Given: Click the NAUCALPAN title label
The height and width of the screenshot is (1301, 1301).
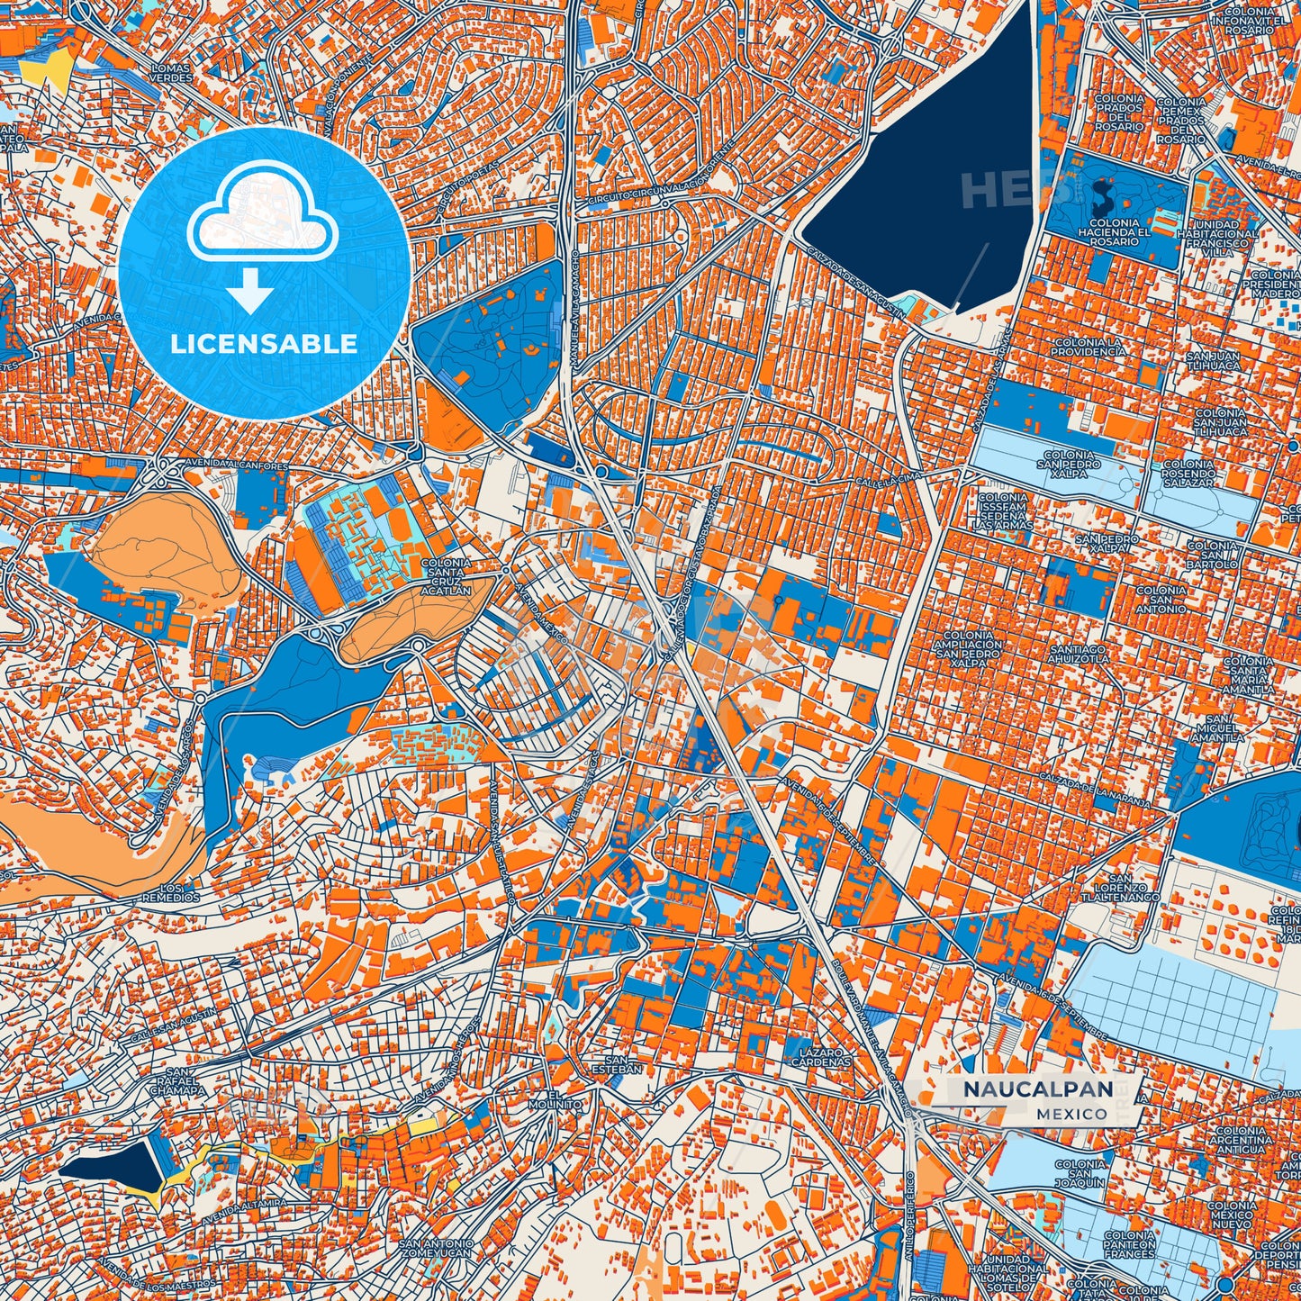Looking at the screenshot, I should pos(1037,1089).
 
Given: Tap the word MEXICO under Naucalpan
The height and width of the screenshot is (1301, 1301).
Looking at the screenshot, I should pos(1071,1114).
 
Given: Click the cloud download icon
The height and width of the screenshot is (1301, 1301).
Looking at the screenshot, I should pos(262,213).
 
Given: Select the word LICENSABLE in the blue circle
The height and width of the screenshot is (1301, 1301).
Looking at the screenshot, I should pos(264,343).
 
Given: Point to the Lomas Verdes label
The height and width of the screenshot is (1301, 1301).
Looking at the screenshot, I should pos(171,73).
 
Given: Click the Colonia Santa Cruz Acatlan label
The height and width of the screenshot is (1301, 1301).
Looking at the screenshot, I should pos(447,576).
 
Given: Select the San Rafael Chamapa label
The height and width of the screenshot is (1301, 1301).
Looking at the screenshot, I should pos(179,1080).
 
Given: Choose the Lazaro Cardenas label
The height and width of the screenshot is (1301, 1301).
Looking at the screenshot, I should pos(819,1057).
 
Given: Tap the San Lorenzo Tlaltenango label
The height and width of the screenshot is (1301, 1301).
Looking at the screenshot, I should pos(1120,888).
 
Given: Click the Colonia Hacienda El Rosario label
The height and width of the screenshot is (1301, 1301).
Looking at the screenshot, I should pos(1114,232).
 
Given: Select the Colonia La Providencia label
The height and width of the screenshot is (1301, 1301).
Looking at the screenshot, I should pos(1089,347).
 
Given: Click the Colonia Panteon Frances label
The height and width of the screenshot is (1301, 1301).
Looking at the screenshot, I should pos(1129,1245).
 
